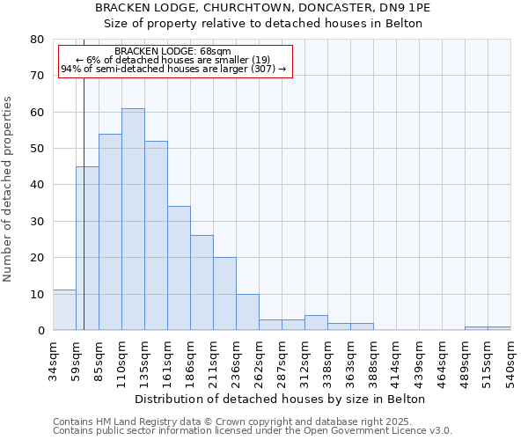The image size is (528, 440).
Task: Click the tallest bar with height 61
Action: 133,219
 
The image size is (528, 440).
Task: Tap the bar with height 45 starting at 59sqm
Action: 87,248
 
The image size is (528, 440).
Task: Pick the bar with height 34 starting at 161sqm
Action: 179,268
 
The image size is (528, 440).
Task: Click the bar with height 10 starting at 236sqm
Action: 247,312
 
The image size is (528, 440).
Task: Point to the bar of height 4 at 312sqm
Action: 316,323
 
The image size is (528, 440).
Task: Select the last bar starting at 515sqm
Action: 499,328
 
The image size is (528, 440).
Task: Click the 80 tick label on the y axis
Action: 37,40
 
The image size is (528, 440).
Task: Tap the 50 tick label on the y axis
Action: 37,149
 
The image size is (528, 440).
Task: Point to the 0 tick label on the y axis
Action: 40,331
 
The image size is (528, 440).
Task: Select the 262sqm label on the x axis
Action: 259,358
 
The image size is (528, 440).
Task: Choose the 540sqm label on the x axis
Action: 510,358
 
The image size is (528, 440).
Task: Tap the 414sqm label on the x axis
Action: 396,358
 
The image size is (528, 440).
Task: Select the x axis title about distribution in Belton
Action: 282,399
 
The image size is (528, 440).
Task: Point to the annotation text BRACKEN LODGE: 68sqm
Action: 173,52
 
